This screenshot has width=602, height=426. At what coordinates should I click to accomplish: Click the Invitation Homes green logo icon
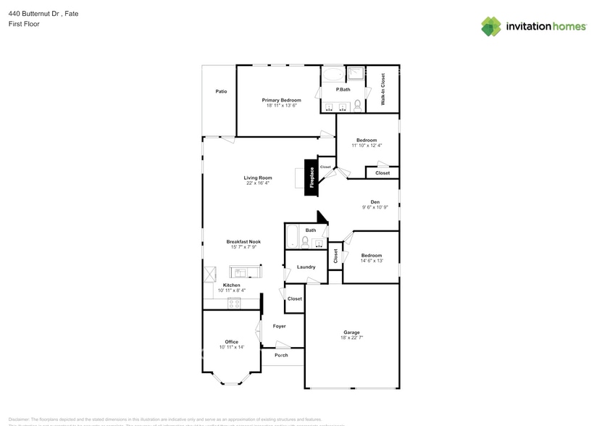pos(491,26)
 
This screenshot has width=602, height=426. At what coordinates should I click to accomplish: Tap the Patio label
pos(221,91)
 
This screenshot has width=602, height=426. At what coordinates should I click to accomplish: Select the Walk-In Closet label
pos(382,89)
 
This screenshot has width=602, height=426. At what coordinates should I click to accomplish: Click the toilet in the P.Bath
pos(357,105)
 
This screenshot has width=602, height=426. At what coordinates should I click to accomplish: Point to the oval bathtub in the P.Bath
pos(333,75)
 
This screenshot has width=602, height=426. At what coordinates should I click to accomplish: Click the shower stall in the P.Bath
pos(356,73)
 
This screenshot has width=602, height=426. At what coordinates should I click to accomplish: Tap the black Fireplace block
pos(312,177)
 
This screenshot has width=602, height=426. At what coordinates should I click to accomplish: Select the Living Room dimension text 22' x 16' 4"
pos(257,183)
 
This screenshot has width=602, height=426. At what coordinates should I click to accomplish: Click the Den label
pos(375,202)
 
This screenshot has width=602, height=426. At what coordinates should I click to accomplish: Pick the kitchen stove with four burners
pos(234,303)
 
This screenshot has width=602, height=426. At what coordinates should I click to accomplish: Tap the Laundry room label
pos(306,267)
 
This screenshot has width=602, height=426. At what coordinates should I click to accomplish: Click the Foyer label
pos(279,326)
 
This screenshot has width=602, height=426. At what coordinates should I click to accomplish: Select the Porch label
pos(281,355)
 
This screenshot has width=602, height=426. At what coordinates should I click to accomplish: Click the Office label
pos(231,342)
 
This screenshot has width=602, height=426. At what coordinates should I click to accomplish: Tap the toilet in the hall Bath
pos(306,241)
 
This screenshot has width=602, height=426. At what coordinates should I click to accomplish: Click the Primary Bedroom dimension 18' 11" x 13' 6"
pos(281,106)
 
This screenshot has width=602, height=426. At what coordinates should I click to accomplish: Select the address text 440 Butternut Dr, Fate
pos(33,13)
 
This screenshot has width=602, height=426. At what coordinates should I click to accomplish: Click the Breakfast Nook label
pos(243,241)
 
